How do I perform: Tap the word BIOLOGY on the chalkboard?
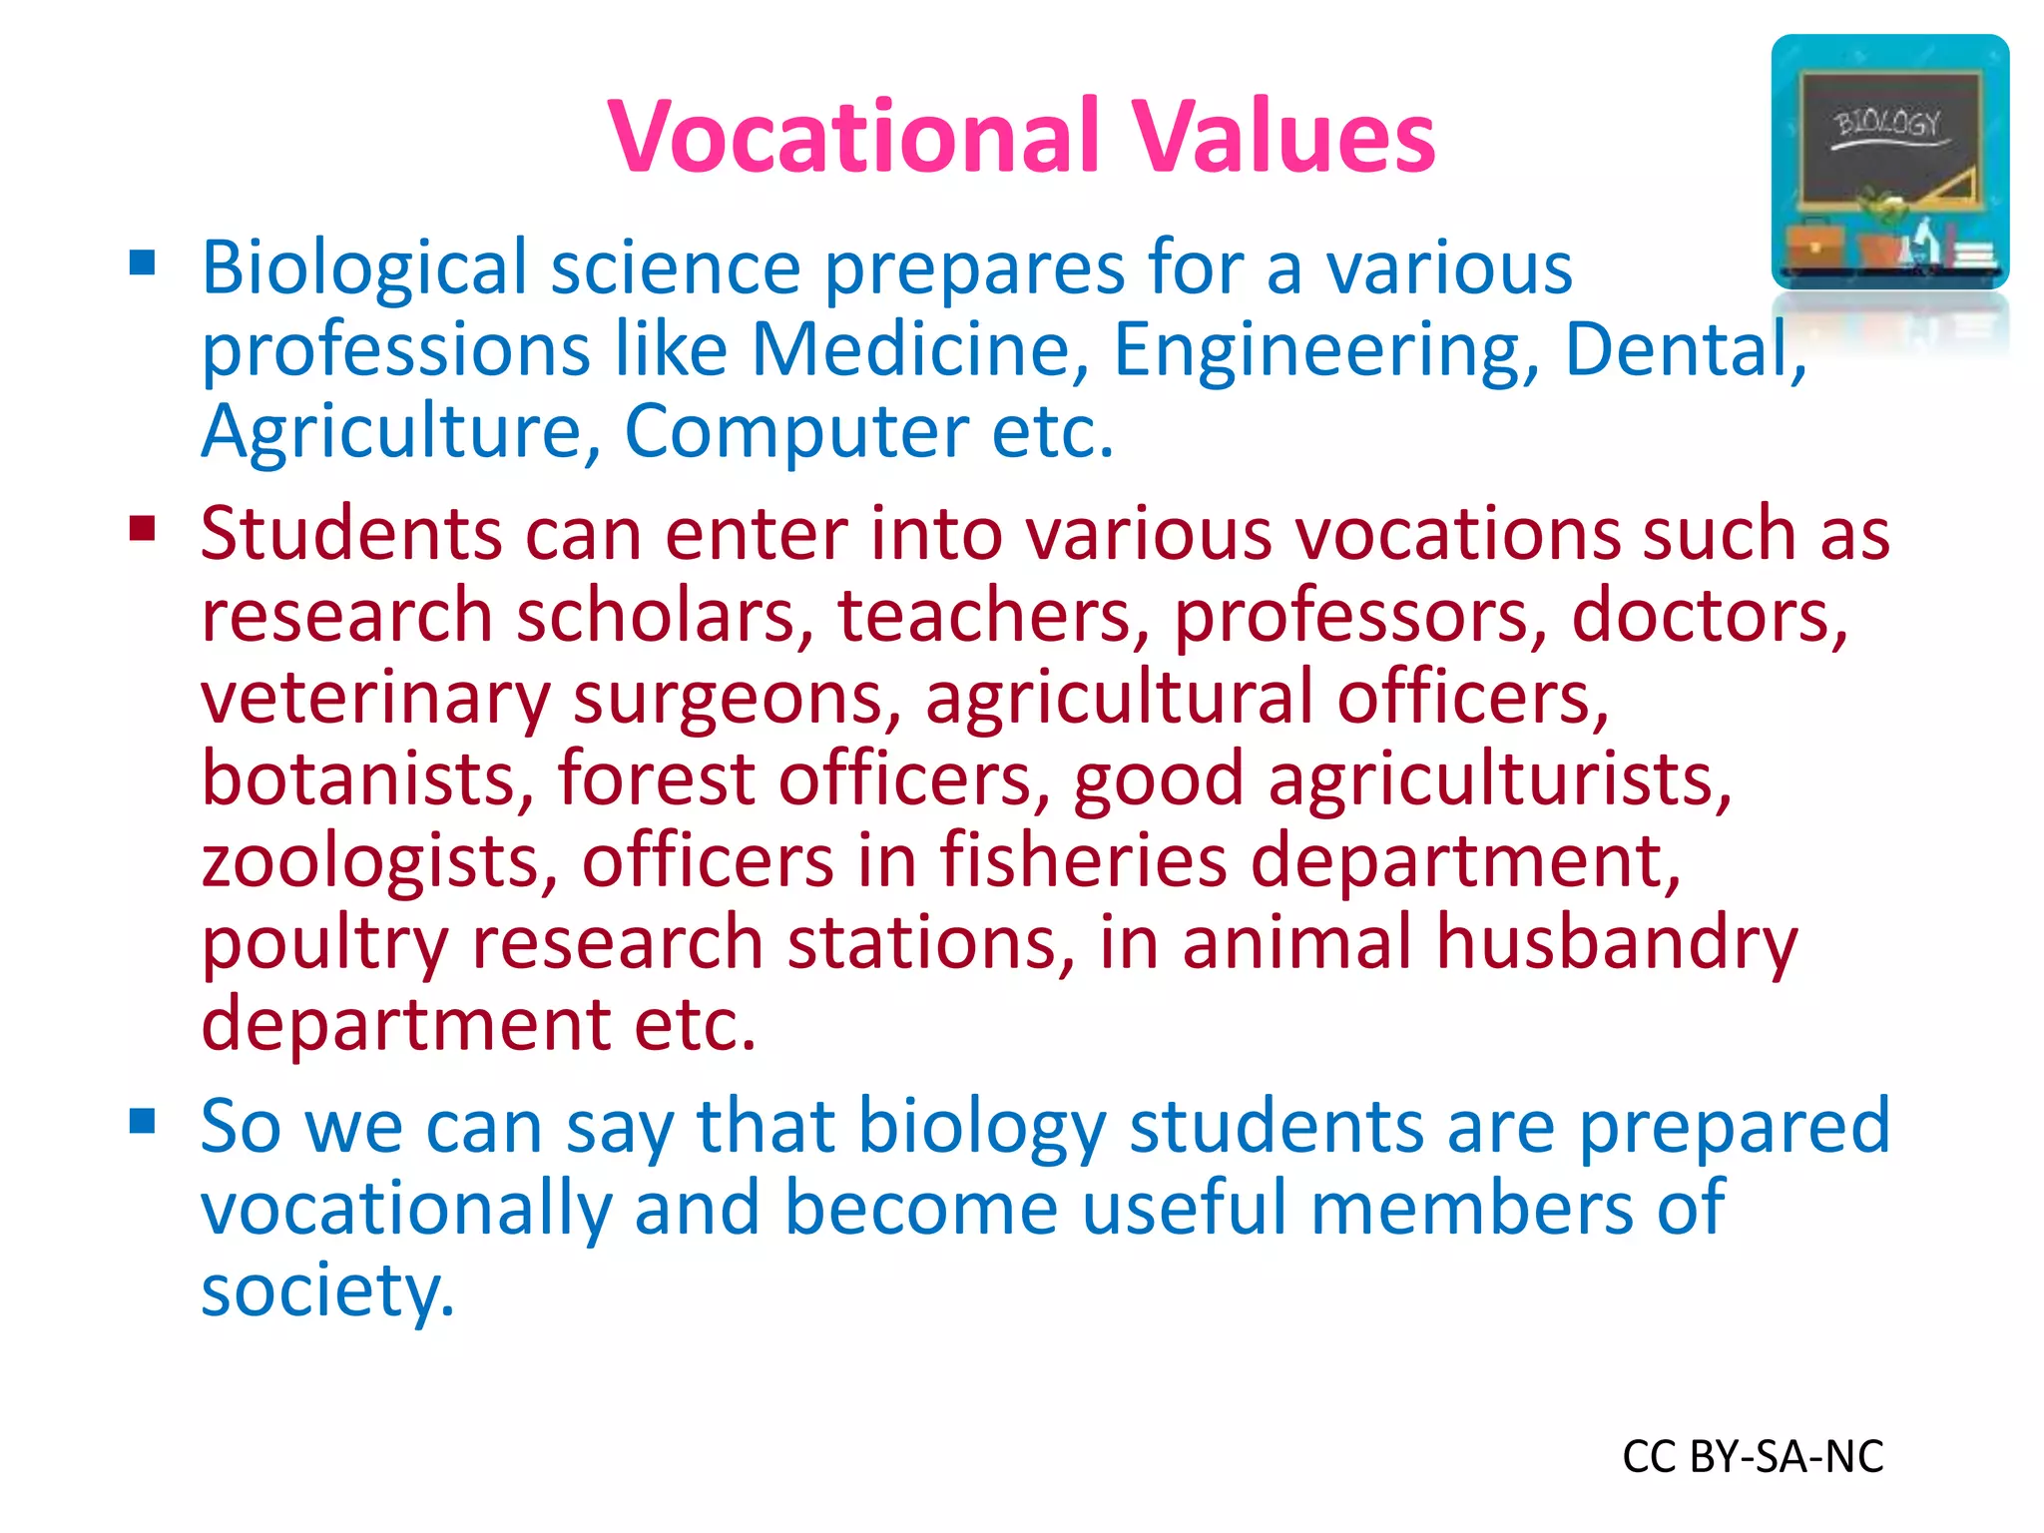pyautogui.click(x=1887, y=124)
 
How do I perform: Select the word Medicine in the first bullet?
pyautogui.click(x=919, y=350)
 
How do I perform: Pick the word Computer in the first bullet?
pyautogui.click(x=795, y=433)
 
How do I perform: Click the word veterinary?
pyautogui.click(x=375, y=699)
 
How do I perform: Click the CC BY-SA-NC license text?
pyautogui.click(x=1753, y=1457)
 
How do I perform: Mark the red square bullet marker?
pyautogui.click(x=143, y=527)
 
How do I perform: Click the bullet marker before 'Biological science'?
pyautogui.click(x=143, y=262)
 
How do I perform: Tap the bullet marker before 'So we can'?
pyautogui.click(x=143, y=1121)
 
